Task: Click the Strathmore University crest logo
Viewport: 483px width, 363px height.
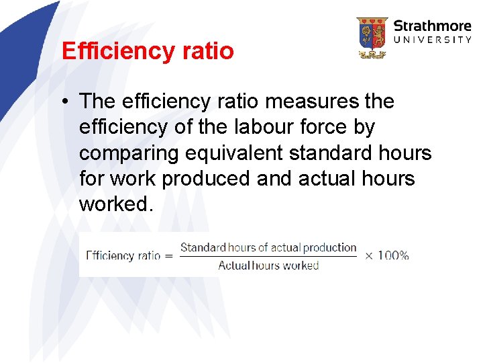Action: (x=372, y=38)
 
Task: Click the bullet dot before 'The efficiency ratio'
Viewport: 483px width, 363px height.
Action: (x=68, y=102)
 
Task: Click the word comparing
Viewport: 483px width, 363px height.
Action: (x=127, y=153)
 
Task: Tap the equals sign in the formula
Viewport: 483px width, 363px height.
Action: (x=169, y=255)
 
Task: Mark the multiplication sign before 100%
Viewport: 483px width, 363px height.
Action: (x=369, y=255)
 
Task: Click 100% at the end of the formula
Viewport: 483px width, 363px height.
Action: (x=394, y=255)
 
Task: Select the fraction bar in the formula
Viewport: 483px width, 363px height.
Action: (x=268, y=256)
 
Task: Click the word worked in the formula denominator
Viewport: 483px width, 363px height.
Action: (x=301, y=266)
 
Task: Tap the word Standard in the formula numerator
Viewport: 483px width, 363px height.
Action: (x=203, y=247)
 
